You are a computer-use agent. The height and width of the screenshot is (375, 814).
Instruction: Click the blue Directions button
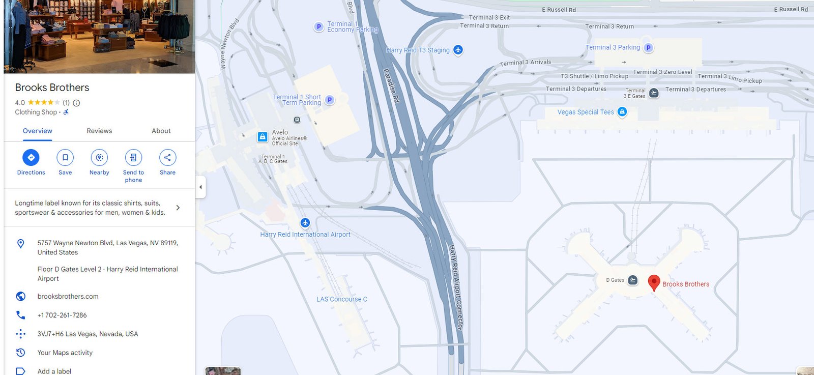tap(31, 158)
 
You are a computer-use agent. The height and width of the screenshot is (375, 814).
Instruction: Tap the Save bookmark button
tap(65, 158)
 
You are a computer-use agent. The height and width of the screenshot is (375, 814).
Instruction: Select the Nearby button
tap(99, 158)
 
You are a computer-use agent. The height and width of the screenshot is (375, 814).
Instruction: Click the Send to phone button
tap(133, 158)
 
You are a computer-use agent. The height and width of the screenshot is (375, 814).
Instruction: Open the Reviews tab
tap(99, 131)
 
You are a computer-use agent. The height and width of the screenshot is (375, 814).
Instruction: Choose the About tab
tap(161, 131)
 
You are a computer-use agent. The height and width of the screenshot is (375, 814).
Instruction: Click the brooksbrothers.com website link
tap(68, 296)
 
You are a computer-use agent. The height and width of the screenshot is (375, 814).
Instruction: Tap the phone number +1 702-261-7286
tap(62, 315)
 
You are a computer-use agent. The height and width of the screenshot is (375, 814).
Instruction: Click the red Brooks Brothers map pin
tap(654, 282)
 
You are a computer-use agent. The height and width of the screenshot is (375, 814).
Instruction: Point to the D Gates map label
tap(615, 280)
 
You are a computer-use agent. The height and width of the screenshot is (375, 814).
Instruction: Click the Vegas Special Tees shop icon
tap(622, 112)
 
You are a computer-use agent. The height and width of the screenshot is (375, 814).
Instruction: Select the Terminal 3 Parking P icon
tap(648, 48)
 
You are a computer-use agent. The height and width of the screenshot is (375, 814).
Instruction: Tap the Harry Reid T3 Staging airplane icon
tap(458, 50)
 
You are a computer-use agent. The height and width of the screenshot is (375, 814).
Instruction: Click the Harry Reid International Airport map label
tap(305, 235)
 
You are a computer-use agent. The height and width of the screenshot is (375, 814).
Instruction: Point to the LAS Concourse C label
tap(341, 299)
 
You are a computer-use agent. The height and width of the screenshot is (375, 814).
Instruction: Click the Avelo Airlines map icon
tap(263, 136)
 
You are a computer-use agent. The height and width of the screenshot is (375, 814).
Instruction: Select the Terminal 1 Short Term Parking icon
tap(330, 100)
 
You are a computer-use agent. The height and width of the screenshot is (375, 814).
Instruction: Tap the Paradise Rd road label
tap(391, 85)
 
